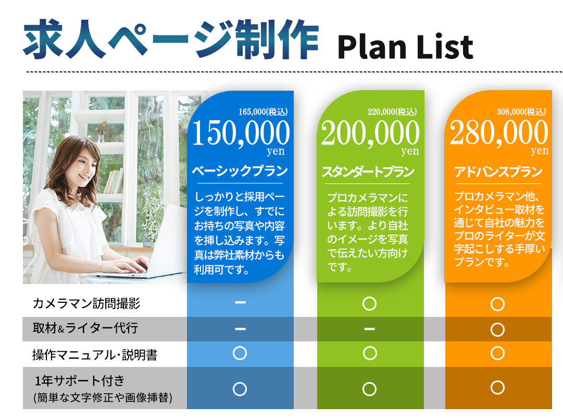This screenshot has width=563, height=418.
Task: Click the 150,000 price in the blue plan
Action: (241, 133)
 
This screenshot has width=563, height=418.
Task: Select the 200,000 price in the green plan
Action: (370, 133)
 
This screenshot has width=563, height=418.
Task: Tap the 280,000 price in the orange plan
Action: (499, 132)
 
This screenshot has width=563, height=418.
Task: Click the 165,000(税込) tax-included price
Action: (263, 112)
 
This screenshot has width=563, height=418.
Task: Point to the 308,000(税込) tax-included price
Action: (521, 112)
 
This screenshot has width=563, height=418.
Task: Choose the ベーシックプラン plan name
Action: (240, 171)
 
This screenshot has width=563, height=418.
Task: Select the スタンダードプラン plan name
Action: (368, 172)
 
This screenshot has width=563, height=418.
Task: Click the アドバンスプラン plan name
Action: (498, 172)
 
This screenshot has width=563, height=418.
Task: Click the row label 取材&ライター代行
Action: (85, 328)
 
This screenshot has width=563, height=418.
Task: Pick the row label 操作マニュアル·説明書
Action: (95, 355)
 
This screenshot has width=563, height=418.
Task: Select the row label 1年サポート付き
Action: (80, 380)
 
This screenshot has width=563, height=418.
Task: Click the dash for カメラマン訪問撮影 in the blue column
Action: (240, 303)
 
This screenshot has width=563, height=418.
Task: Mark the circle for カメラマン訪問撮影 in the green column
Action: (369, 304)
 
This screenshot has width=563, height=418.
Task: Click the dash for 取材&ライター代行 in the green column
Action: (369, 328)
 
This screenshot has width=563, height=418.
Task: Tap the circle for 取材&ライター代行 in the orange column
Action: (498, 329)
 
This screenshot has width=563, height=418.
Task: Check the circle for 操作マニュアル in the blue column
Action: (240, 353)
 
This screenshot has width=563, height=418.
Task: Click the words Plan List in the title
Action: (405, 47)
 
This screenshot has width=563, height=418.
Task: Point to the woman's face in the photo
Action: (84, 168)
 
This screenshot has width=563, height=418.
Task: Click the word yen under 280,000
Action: (540, 151)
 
